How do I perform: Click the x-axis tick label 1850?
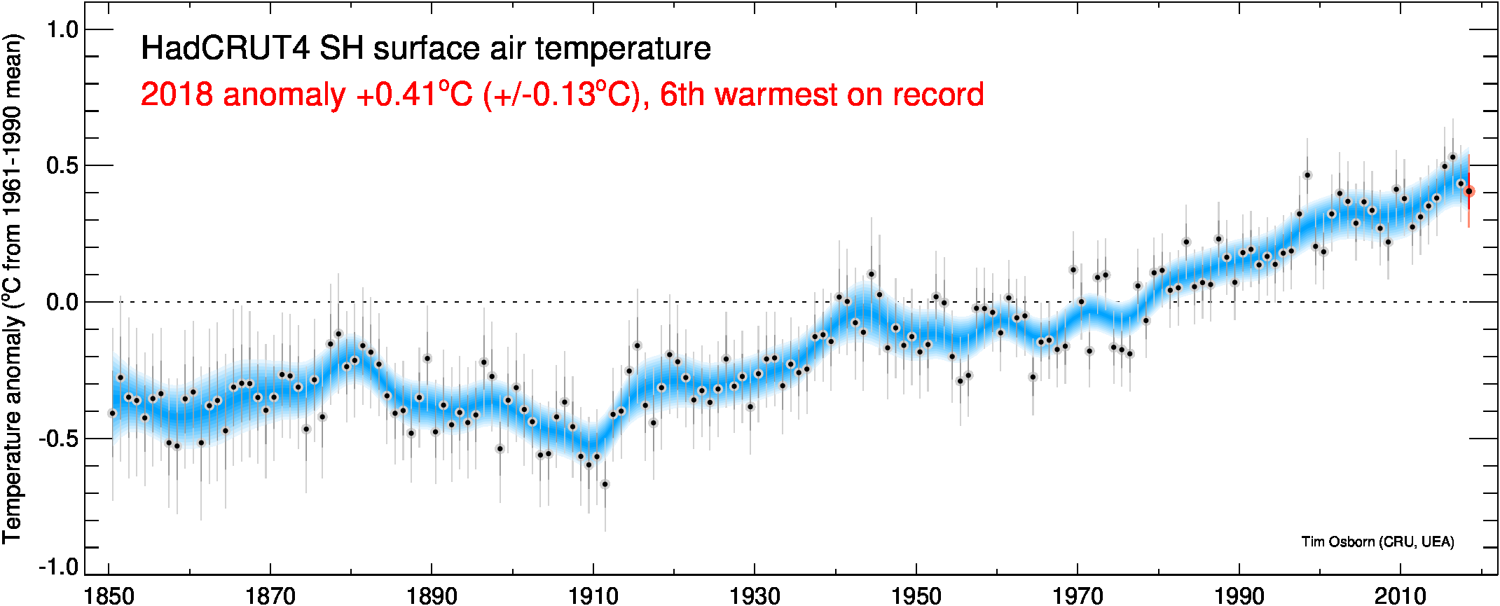(x=109, y=595)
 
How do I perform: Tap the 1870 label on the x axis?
(x=270, y=595)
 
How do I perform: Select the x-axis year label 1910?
(x=593, y=595)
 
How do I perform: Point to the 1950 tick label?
(x=916, y=595)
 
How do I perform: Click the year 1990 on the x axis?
(x=1239, y=595)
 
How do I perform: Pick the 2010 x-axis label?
(x=1401, y=595)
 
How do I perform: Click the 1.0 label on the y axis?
(x=62, y=29)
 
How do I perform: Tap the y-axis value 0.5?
(x=62, y=165)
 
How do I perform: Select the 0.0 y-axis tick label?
(x=62, y=302)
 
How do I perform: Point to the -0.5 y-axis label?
(x=57, y=439)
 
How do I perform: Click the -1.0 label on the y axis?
(x=57, y=566)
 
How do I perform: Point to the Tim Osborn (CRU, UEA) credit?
(x=1377, y=542)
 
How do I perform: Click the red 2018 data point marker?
(x=1469, y=191)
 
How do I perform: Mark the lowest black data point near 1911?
(x=605, y=484)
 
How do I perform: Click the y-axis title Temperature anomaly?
(x=13, y=427)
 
